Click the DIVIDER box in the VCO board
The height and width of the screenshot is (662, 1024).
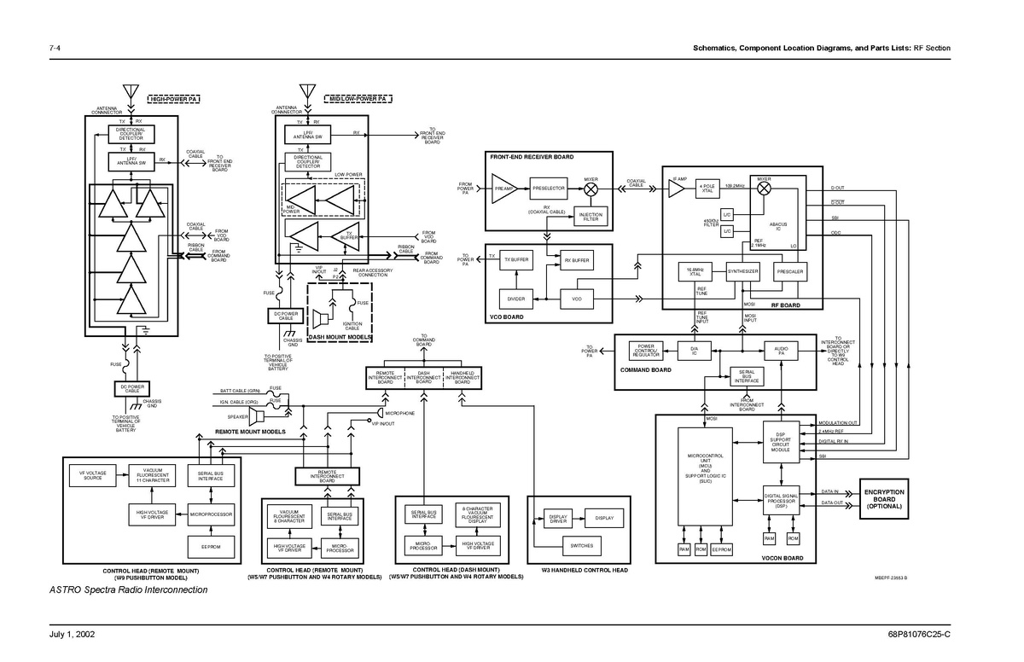pyautogui.click(x=516, y=299)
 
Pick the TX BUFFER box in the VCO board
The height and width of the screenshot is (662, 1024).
pyautogui.click(x=516, y=259)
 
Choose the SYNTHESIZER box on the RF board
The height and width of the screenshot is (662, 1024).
pyautogui.click(x=742, y=271)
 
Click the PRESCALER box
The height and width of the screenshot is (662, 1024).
pyautogui.click(x=789, y=271)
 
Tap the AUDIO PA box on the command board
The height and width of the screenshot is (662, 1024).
pyautogui.click(x=780, y=350)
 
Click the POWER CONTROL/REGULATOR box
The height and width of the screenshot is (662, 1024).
pyautogui.click(x=646, y=351)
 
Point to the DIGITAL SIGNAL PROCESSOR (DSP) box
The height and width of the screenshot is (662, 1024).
pyautogui.click(x=780, y=501)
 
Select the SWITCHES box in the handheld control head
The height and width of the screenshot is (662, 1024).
pyautogui.click(x=582, y=545)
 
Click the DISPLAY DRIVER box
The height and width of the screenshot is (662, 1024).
pyautogui.click(x=558, y=518)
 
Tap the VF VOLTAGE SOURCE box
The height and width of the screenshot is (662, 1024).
pyautogui.click(x=92, y=475)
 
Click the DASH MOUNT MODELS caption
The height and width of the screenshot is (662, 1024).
pyautogui.click(x=340, y=338)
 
